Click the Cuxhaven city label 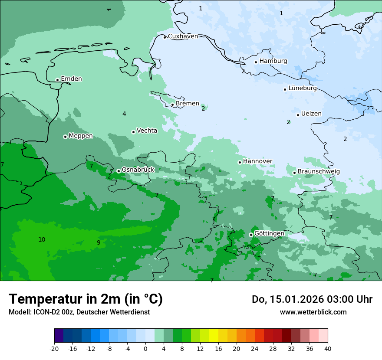183,36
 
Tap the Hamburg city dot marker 256,62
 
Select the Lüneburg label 302,88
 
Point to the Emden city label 71,79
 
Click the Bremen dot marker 173,105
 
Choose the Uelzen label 311,114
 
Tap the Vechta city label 147,131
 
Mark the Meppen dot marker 65,137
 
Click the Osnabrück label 138,170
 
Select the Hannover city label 257,161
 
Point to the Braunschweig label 319,171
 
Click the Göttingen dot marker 251,235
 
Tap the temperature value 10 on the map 42,239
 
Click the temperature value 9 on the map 99,242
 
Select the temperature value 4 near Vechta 124,114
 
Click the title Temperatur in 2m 86,299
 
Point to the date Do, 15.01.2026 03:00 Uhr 312,299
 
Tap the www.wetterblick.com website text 313,312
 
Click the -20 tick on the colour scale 54,348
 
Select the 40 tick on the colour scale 327,348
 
